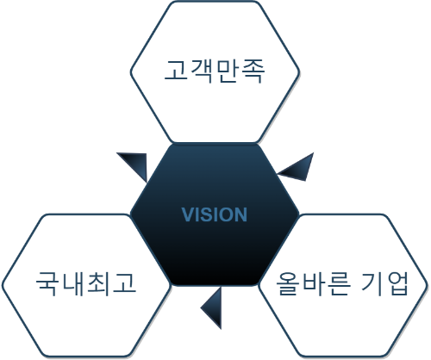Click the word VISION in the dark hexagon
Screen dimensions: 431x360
[215, 214]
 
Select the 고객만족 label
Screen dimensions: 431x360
[215, 71]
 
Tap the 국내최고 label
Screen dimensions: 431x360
[86, 283]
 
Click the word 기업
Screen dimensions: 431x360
[384, 283]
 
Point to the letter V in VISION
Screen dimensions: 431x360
[188, 214]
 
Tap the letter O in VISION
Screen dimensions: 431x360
[226, 214]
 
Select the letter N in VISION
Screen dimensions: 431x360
[241, 214]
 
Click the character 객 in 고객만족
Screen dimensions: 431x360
[201, 71]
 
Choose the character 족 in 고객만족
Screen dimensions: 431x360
[253, 71]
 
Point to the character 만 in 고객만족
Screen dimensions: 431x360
[228, 71]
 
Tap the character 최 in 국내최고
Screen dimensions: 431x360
[98, 283]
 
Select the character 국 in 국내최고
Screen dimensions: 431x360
[47, 283]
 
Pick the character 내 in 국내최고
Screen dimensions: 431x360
[73, 283]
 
